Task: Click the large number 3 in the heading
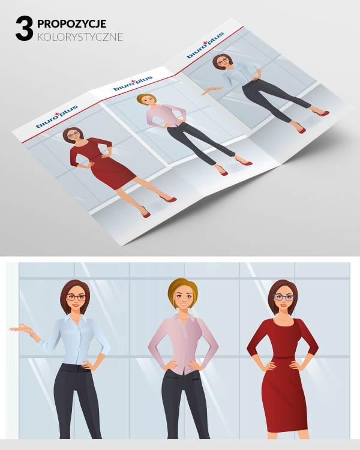[x=24, y=28]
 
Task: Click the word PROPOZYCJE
[x=72, y=23]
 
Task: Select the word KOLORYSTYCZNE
[x=80, y=37]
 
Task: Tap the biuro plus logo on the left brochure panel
[x=57, y=116]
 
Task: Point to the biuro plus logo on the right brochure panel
[x=205, y=46]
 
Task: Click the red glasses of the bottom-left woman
[x=76, y=298]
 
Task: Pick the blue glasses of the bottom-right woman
[x=284, y=298]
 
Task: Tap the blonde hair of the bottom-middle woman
[x=182, y=290]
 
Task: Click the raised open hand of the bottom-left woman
[x=19, y=328]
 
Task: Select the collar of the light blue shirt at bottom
[x=74, y=320]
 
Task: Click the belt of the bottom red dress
[x=283, y=358]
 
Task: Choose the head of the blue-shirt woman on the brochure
[x=221, y=61]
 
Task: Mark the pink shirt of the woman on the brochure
[x=166, y=115]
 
